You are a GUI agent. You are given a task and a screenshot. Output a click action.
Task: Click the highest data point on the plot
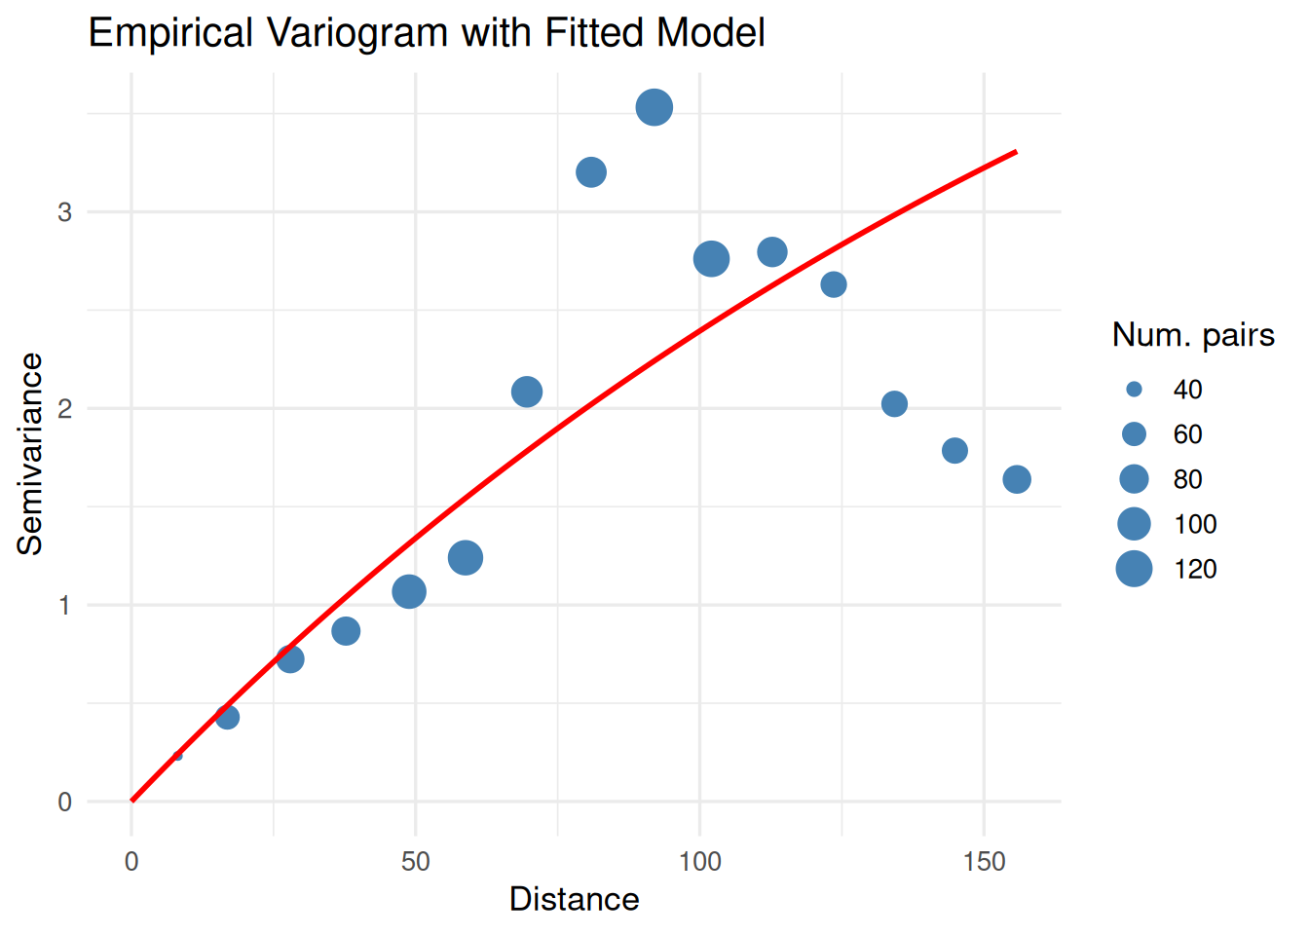[x=654, y=107]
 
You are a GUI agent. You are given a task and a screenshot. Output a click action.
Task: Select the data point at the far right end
[x=1017, y=479]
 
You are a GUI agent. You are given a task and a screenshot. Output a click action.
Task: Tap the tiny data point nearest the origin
[x=177, y=755]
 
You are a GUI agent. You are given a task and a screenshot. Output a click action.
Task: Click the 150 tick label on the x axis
[x=984, y=862]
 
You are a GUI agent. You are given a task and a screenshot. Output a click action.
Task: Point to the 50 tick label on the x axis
[x=416, y=862]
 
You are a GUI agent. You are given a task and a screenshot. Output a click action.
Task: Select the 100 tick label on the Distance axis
[x=699, y=862]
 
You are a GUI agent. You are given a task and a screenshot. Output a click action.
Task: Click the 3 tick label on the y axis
[x=64, y=212]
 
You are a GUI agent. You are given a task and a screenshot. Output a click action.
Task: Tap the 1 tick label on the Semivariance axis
[x=64, y=606]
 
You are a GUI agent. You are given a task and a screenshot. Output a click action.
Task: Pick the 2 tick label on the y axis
[x=64, y=409]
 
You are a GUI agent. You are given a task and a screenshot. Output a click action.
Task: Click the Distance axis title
[x=574, y=899]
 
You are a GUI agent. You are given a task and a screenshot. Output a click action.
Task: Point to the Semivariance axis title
[x=30, y=454]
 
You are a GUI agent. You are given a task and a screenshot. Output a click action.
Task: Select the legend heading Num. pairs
[x=1193, y=335]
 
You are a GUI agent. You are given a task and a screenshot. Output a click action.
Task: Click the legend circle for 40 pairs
[x=1134, y=390]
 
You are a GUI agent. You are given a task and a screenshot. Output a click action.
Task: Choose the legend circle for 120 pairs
[x=1134, y=569]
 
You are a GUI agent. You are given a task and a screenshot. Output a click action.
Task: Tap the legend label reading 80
[x=1187, y=479]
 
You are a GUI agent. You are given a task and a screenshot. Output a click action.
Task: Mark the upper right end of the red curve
[x=1016, y=152]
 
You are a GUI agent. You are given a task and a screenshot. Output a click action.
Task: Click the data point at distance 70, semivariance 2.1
[x=527, y=392]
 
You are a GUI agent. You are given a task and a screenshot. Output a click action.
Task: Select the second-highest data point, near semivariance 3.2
[x=591, y=172]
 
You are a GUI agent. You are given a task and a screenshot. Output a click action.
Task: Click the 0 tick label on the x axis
[x=131, y=862]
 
